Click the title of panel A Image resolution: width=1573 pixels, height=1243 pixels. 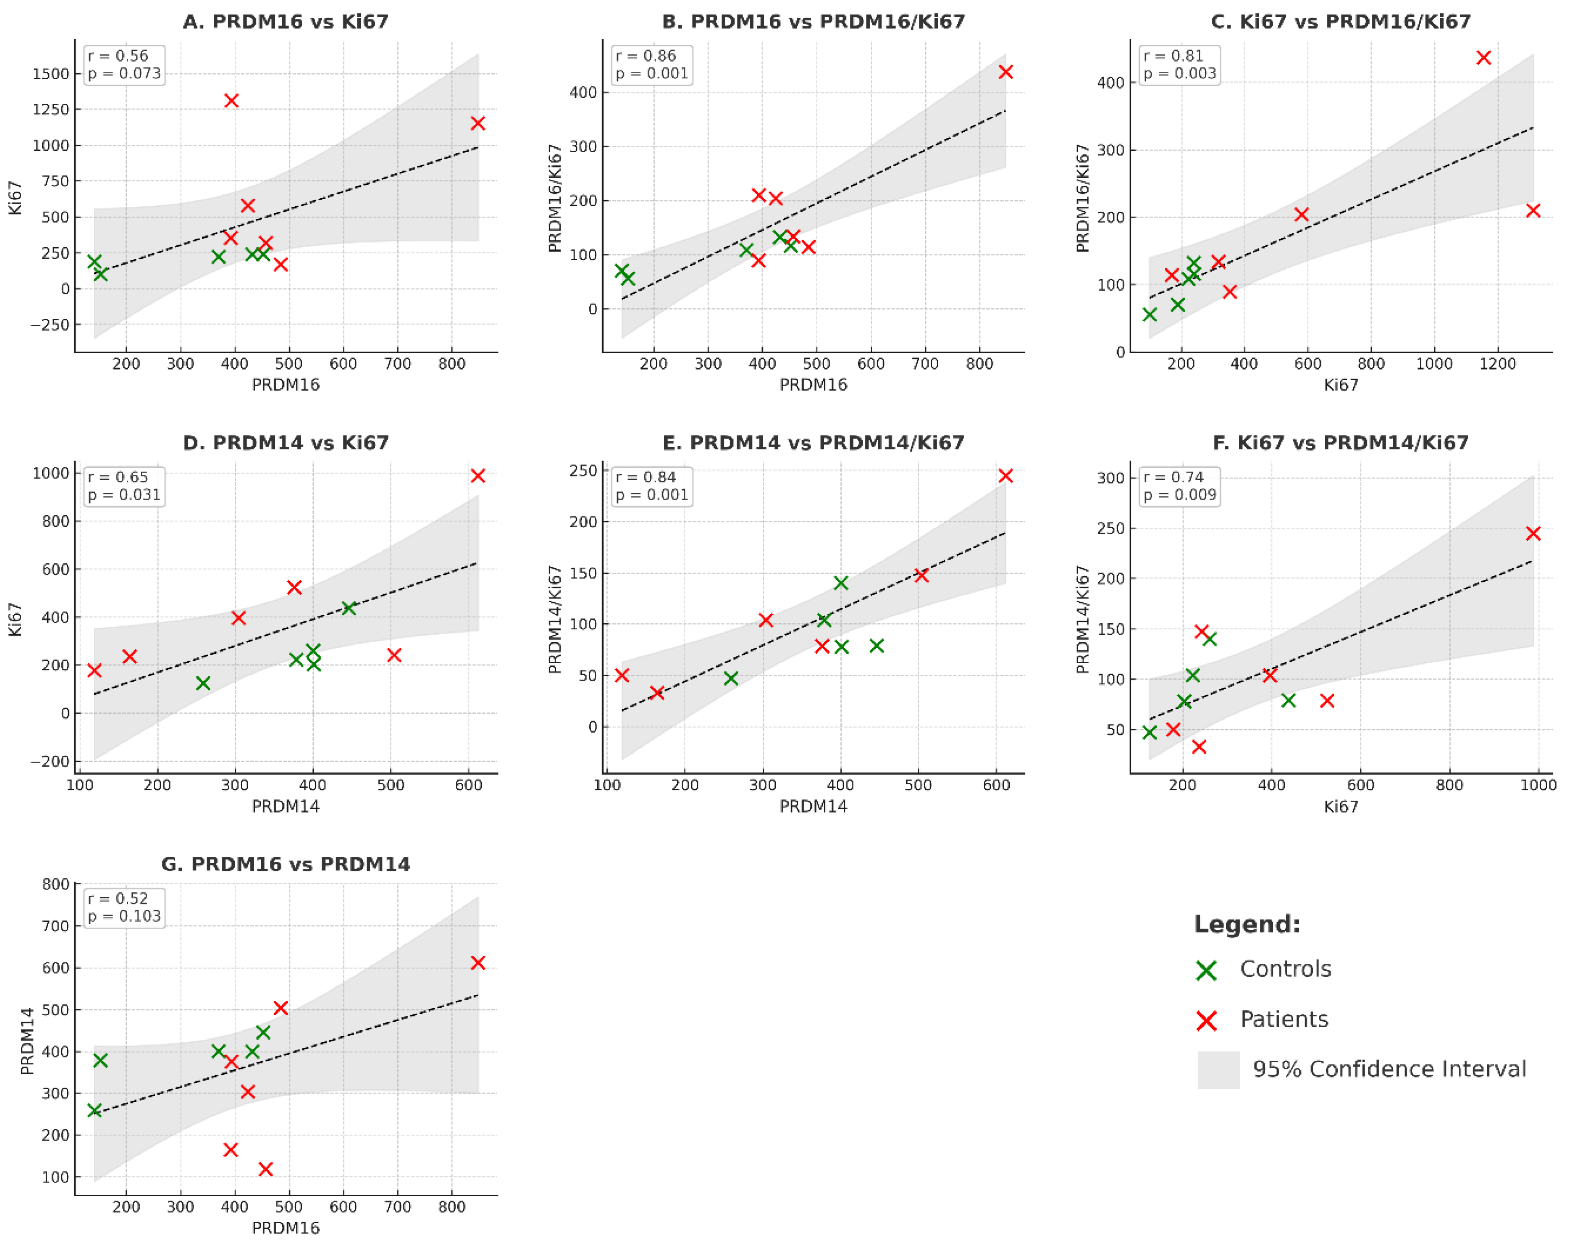285,22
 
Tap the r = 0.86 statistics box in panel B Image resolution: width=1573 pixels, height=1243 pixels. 651,65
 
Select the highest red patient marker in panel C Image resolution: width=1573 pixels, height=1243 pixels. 1482,57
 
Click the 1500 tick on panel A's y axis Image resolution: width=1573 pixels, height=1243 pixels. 50,74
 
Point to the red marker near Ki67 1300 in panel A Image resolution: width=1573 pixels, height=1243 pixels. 231,100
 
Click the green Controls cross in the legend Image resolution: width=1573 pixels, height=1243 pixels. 1206,970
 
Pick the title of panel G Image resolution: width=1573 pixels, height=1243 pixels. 285,864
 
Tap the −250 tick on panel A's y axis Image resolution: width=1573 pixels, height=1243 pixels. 50,325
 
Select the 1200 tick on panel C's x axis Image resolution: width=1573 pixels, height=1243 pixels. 1497,364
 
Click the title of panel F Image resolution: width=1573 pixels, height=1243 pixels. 1340,442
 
